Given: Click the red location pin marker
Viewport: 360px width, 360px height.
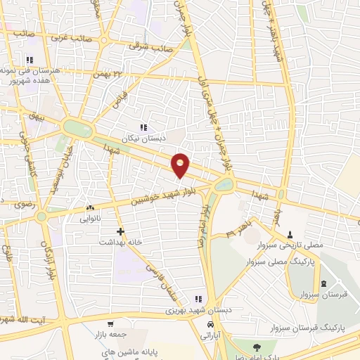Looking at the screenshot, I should [181, 165].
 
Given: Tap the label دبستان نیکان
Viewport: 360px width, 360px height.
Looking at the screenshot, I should [144, 139].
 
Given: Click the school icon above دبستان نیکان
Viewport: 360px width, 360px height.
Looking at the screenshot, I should [144, 128].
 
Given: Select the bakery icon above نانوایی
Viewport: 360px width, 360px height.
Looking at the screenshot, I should [89, 208].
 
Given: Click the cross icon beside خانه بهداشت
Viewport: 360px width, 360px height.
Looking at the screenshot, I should [121, 231].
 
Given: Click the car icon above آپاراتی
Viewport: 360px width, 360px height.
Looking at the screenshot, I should [211, 325].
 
